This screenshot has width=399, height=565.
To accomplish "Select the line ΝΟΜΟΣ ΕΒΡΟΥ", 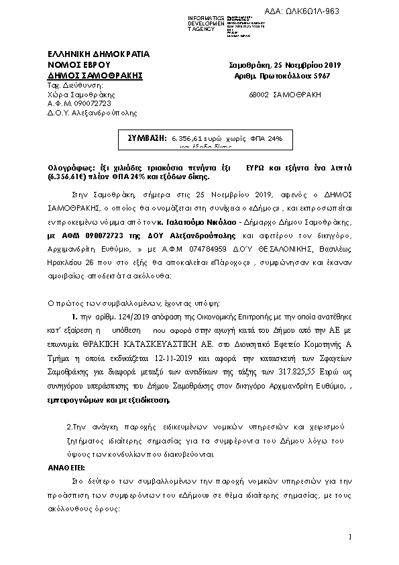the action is (75, 64).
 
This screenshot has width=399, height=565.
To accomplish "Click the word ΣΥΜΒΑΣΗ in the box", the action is (148, 138).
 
